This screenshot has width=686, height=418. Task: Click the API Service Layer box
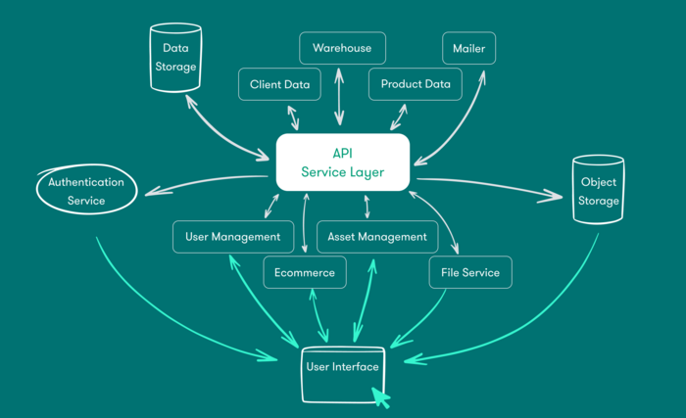point(342,162)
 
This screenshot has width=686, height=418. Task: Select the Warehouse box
point(342,48)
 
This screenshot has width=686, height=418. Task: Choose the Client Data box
point(279,84)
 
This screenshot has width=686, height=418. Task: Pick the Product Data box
point(415,84)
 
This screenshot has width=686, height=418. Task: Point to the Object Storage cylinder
point(598,192)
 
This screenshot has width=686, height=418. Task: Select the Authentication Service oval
point(86,191)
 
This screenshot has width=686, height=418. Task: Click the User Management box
point(232,236)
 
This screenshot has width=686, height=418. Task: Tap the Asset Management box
point(377,236)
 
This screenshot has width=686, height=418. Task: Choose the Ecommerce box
point(305,272)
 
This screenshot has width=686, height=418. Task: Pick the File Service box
point(470,272)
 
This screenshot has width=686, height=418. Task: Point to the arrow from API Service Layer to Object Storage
point(490,185)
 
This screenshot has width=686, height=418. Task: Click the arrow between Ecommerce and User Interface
point(316,313)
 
